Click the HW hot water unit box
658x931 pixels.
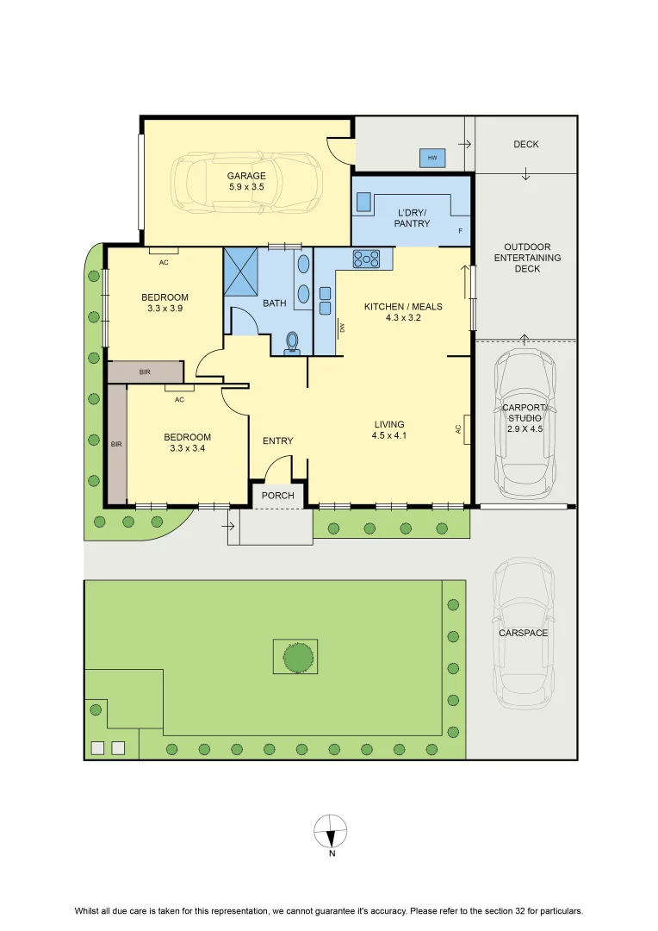(432, 158)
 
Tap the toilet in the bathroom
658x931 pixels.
(292, 343)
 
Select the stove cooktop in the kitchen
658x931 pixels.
(366, 259)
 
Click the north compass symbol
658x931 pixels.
(331, 831)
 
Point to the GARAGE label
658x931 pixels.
(246, 176)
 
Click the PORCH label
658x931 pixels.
(277, 495)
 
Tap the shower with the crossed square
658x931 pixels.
(241, 270)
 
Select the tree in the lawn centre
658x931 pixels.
(298, 657)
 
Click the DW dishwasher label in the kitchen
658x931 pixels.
(343, 327)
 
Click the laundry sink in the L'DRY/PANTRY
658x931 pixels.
(363, 203)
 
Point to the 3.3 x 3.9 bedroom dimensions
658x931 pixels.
(165, 308)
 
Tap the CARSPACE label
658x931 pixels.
(524, 633)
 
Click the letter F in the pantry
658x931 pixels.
(461, 231)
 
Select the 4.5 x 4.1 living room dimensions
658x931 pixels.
(389, 435)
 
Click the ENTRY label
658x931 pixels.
(277, 441)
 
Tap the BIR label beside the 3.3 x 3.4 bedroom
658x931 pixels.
(116, 444)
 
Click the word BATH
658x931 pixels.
(274, 303)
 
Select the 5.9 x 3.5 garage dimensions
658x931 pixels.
(246, 186)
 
